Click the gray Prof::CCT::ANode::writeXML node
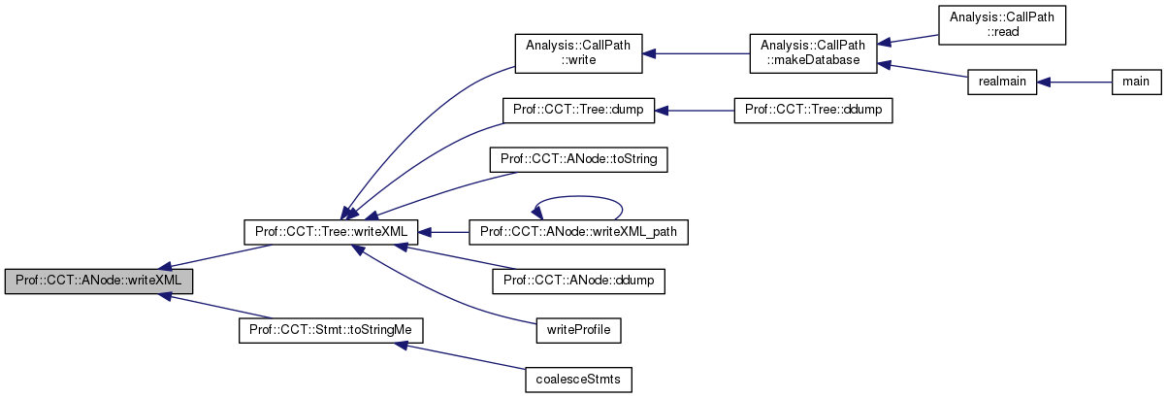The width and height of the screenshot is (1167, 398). [99, 281]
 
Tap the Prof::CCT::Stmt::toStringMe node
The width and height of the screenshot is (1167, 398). [330, 330]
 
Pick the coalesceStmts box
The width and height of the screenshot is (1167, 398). [577, 379]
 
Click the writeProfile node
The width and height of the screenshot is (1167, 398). [577, 330]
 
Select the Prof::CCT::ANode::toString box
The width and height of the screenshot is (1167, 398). [579, 157]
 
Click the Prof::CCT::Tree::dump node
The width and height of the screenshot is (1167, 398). [578, 109]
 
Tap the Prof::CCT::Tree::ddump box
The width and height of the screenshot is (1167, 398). [812, 109]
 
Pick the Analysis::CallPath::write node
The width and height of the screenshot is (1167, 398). [578, 52]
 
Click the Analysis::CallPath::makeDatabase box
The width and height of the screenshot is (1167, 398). [812, 52]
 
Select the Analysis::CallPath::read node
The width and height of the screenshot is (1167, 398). [1002, 23]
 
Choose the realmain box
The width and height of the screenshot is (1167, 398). [1002, 82]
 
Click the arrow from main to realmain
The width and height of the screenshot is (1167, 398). [1074, 82]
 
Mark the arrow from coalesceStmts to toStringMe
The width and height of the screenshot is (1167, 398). [456, 354]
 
